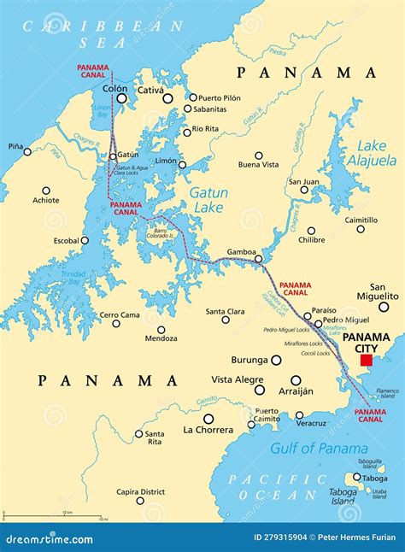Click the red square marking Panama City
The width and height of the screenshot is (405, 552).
pos(367,361)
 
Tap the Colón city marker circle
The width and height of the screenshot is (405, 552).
pos(121,99)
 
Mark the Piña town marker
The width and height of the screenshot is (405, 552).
pos(27,152)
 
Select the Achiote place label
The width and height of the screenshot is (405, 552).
pos(45,201)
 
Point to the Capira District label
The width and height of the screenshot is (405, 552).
pos(140,491)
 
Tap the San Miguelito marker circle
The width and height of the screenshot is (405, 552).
pos(384,307)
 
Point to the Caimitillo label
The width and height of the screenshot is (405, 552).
pos(361,220)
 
